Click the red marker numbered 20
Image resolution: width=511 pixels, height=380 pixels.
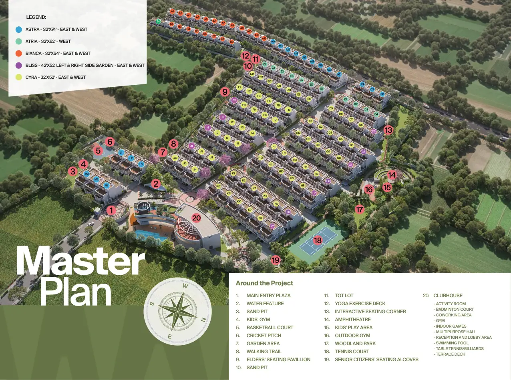click(196, 218)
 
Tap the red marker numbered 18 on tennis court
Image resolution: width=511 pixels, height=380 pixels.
click(318, 240)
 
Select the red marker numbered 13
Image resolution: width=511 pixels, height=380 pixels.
click(388, 130)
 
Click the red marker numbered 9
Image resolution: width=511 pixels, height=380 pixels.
click(225, 92)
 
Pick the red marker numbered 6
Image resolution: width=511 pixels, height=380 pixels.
click(110, 142)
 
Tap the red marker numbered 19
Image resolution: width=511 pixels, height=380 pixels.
click(276, 260)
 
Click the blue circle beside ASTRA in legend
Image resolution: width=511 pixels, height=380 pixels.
click(18, 29)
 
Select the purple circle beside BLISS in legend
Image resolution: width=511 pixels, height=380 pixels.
click(18, 65)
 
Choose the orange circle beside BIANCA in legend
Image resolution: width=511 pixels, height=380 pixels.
click(18, 53)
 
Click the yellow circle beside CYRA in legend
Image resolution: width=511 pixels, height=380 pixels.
click(18, 77)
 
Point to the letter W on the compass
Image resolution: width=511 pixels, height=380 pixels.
click(185, 286)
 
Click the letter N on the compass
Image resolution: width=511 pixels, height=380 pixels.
click(203, 320)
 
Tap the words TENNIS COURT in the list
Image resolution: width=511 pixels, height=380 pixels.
click(352, 352)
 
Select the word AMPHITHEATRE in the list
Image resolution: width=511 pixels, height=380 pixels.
click(353, 320)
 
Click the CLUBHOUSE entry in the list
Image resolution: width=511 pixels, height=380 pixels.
click(448, 296)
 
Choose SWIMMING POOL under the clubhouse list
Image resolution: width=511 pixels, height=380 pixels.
click(452, 343)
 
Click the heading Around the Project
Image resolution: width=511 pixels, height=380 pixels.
click(264, 283)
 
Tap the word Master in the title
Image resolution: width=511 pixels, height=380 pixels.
click(80, 261)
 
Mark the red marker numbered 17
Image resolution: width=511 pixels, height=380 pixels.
click(359, 209)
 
